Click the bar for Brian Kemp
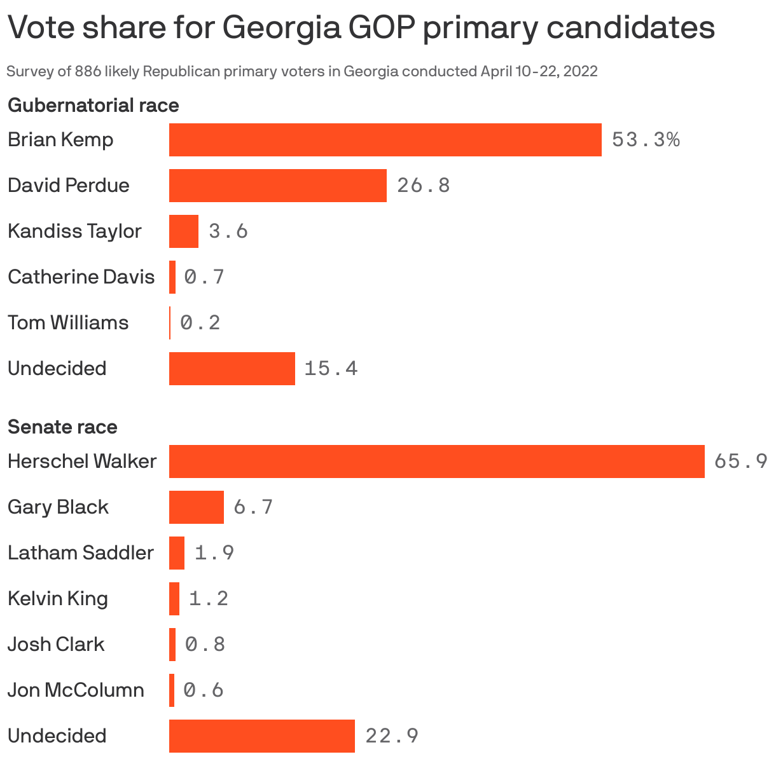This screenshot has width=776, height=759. tap(385, 140)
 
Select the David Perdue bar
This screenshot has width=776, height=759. tap(277, 186)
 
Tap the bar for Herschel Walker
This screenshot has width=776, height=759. tap(436, 462)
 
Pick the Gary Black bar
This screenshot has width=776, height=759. tap(196, 507)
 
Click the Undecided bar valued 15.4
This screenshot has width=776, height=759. tap(232, 369)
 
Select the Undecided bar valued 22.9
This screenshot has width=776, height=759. tap(261, 736)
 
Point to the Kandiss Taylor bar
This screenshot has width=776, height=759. tap(183, 231)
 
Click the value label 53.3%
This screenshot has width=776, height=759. tap(646, 140)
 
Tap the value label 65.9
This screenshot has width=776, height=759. tap(740, 462)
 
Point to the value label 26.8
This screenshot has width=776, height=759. tap(424, 186)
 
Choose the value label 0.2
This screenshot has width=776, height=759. tap(200, 323)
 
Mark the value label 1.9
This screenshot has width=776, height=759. tap(214, 553)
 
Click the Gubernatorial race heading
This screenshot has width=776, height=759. tap(93, 105)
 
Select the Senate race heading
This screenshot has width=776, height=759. tap(62, 427)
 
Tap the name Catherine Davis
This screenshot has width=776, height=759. tap(81, 277)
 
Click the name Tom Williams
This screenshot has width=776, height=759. tap(68, 323)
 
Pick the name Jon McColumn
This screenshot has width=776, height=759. tap(76, 690)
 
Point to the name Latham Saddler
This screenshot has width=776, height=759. tap(80, 553)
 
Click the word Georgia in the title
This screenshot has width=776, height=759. tap(281, 28)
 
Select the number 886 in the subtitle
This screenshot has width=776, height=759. tap(88, 71)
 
